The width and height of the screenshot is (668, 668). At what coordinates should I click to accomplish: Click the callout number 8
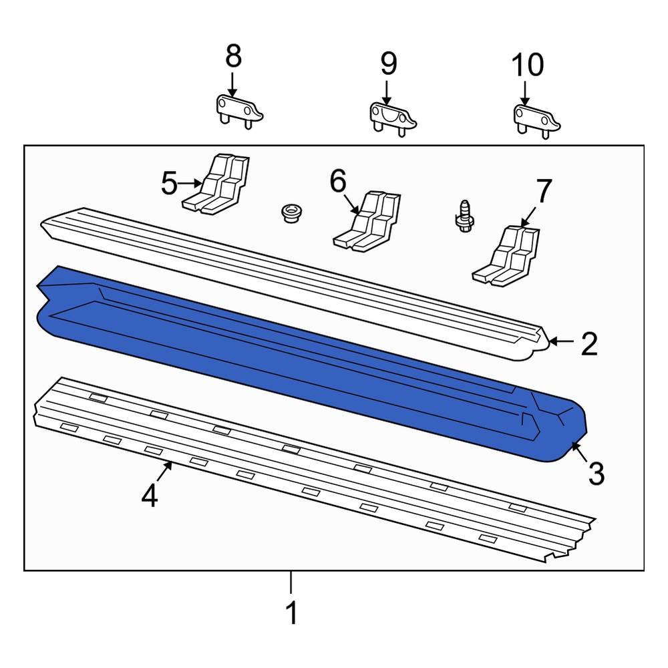tap(232, 58)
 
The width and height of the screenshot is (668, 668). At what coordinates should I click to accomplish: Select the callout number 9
tap(388, 64)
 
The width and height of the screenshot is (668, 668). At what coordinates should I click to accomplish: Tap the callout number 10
tap(527, 65)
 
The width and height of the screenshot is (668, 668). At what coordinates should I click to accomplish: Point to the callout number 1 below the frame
tap(291, 613)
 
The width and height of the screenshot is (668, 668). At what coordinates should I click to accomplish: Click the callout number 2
tap(589, 343)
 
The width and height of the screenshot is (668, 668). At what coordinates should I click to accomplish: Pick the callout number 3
tap(596, 474)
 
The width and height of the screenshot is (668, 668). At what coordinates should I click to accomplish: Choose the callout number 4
tap(150, 496)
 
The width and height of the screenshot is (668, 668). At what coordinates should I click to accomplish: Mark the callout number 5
tap(170, 183)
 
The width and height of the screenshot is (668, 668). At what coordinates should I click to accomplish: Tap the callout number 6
tap(339, 180)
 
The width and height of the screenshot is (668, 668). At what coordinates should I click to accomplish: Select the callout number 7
tap(544, 192)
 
